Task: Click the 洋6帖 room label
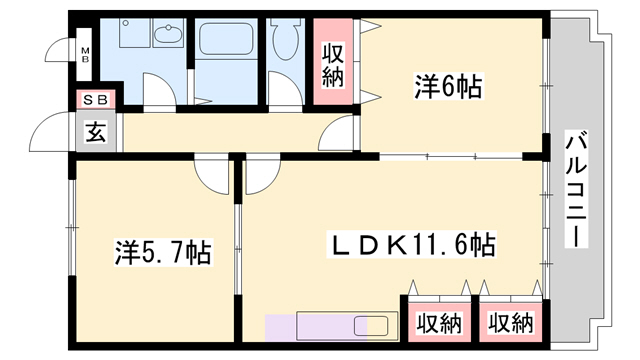[x=448, y=88]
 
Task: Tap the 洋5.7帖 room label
[x=160, y=251]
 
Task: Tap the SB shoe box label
[x=96, y=99]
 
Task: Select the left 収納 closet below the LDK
[x=438, y=323]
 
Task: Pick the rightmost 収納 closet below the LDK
[x=510, y=323]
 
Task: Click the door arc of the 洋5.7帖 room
[x=212, y=176]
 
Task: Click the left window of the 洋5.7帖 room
[x=72, y=230]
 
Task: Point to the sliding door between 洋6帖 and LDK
[x=450, y=157]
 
